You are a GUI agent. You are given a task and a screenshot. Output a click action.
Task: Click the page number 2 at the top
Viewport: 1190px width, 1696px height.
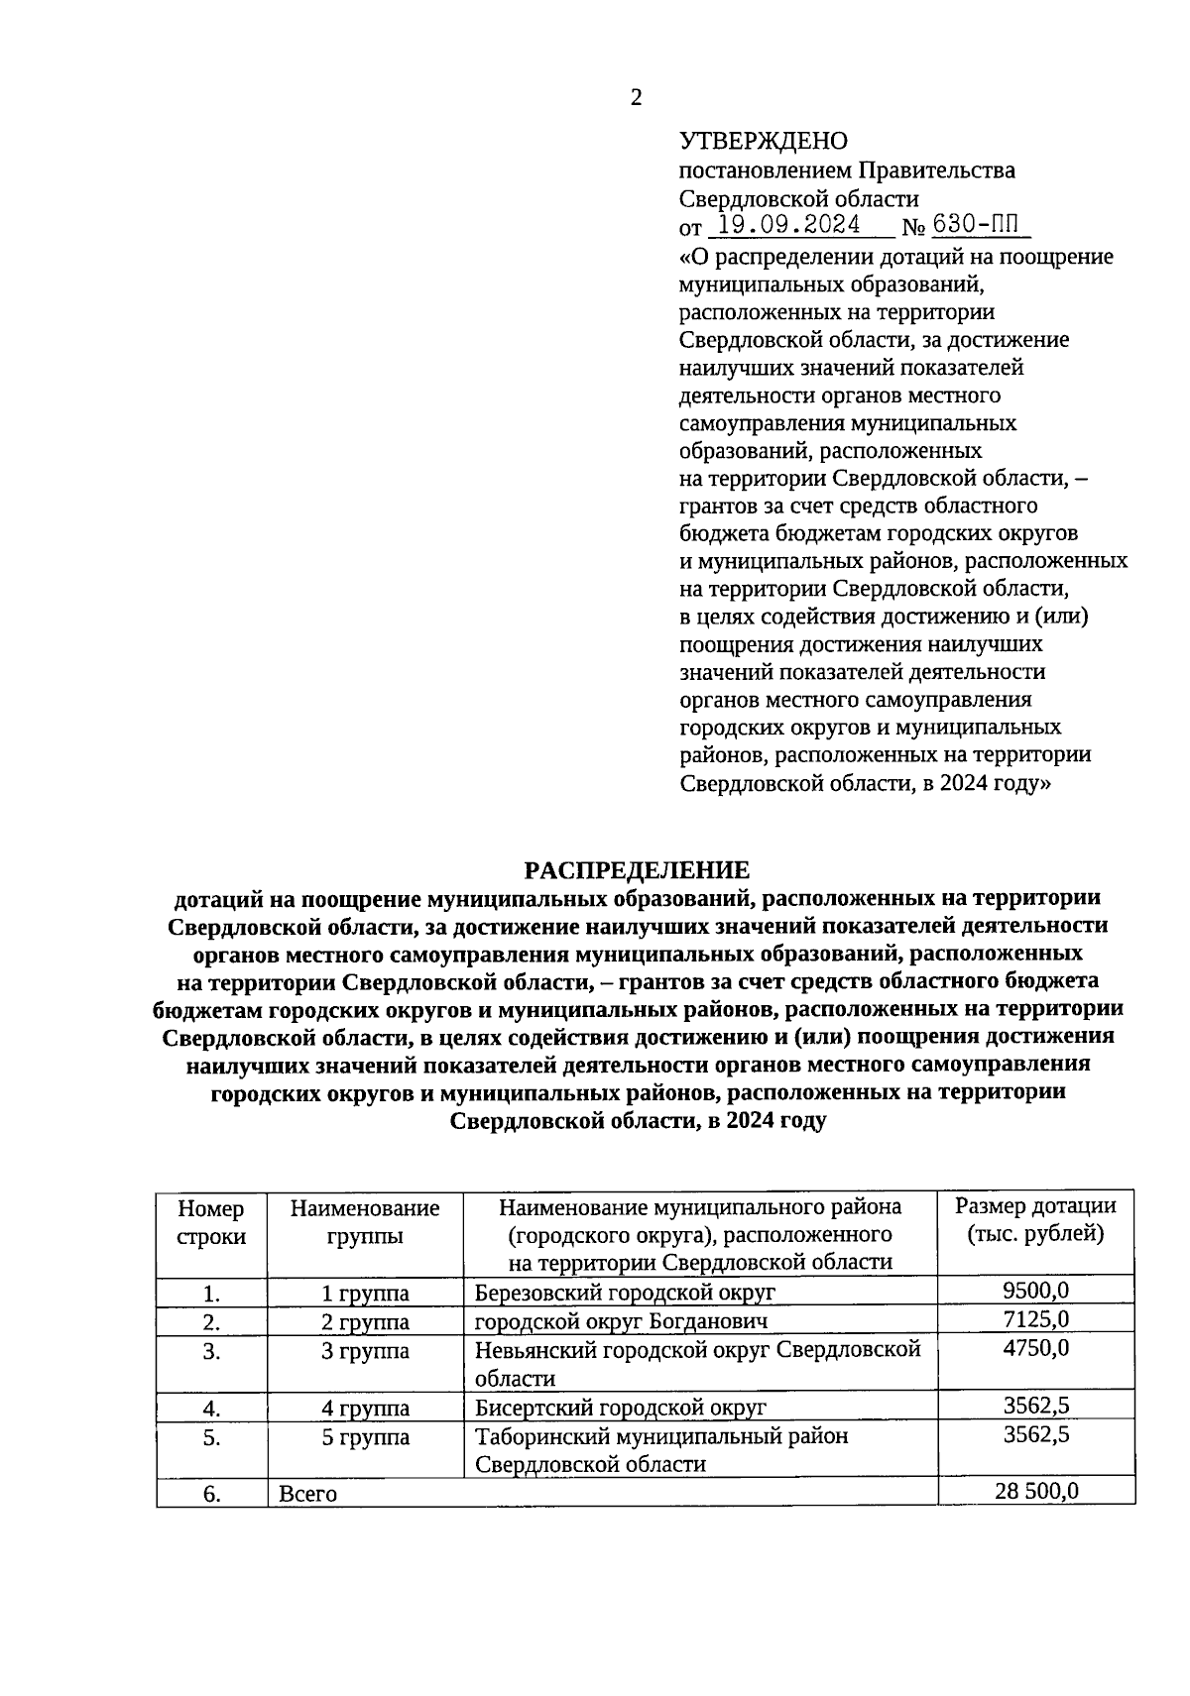[636, 97]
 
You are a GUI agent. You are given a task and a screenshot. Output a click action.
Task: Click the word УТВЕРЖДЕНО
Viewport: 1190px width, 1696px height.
[764, 142]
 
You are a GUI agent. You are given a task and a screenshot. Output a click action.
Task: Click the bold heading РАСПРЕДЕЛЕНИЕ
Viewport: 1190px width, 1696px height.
[637, 870]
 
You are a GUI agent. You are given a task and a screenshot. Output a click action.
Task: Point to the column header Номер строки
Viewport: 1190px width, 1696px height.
[211, 1221]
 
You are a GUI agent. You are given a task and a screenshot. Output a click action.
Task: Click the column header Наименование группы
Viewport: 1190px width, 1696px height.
[365, 1221]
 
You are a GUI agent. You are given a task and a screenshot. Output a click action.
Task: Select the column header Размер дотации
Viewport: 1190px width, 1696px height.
[1035, 1219]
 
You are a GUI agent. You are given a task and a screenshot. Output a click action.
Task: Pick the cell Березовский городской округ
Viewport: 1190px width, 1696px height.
[625, 1293]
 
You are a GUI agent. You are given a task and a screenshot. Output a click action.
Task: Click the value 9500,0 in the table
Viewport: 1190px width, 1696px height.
[1035, 1291]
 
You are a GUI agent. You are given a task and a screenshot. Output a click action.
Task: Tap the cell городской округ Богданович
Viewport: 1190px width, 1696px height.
[621, 1321]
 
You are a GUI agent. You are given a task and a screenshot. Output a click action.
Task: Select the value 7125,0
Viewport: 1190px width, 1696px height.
[1035, 1319]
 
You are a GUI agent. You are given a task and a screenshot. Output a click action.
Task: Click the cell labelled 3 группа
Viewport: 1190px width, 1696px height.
[365, 1351]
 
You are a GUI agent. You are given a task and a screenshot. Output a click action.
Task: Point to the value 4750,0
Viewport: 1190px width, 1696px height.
[1035, 1348]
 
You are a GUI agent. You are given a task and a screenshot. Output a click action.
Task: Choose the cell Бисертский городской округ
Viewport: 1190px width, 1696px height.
[621, 1408]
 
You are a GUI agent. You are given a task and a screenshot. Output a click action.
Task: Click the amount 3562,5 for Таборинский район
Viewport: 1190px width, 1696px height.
[1035, 1434]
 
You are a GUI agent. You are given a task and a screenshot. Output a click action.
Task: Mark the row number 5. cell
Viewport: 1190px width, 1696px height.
[211, 1437]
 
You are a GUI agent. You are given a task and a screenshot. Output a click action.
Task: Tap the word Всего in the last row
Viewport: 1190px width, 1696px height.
[308, 1494]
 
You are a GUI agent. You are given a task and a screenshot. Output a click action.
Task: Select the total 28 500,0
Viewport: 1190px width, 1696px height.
[1035, 1491]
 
